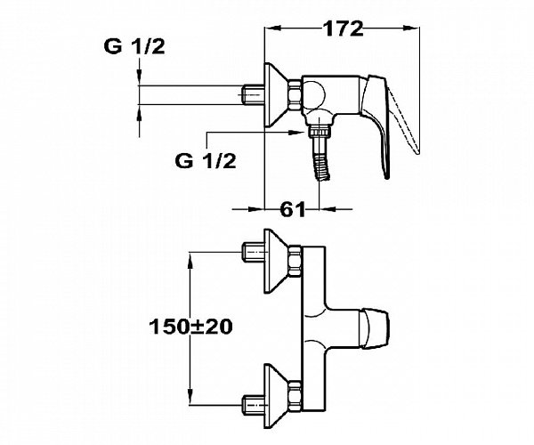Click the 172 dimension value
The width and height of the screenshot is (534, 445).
point(343,28)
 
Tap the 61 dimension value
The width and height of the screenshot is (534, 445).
point(293,209)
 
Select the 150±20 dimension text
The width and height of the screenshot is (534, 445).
point(190,327)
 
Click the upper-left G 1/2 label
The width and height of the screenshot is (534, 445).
point(134,46)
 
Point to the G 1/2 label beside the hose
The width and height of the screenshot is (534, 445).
point(206,160)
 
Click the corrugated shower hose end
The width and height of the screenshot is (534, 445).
point(322,166)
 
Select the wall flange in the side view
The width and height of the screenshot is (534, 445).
point(277,95)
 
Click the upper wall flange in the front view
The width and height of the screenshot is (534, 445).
point(277,261)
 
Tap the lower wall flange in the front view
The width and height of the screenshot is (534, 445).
point(277,396)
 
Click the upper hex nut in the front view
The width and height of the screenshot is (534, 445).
point(295,261)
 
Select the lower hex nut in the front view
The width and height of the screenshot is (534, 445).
point(295,396)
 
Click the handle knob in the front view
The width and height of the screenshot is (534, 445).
point(375,329)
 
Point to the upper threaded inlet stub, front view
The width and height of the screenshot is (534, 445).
point(254,252)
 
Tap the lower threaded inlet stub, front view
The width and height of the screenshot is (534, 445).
point(254,405)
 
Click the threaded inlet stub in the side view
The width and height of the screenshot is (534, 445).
point(254,95)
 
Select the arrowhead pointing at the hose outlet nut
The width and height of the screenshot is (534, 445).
point(295,132)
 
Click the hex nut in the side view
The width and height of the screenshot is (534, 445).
point(295,95)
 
